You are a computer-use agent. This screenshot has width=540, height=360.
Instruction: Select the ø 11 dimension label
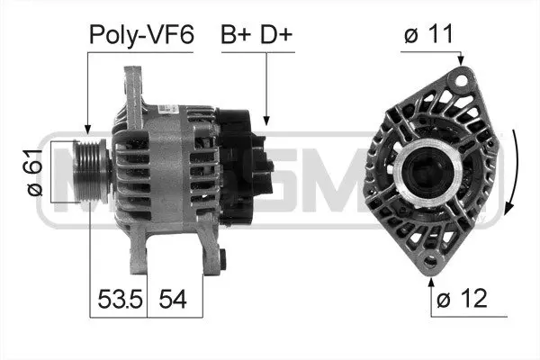(x=427, y=35)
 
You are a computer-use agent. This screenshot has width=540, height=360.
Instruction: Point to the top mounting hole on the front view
(x=463, y=78)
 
